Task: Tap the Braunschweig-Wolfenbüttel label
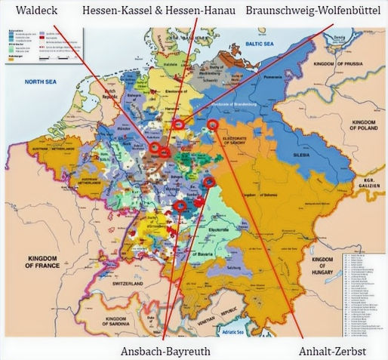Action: point(316,11)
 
